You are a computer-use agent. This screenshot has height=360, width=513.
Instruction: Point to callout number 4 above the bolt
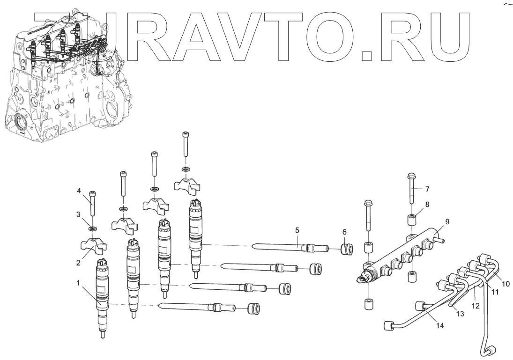pos(79,191)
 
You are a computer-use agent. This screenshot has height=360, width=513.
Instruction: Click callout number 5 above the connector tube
pos(297,230)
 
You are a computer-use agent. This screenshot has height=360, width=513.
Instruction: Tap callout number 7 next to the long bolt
pos(427,190)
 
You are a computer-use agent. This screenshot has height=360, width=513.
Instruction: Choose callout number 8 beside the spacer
pos(426,204)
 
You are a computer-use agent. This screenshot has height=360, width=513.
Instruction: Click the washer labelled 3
pos(93,229)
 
